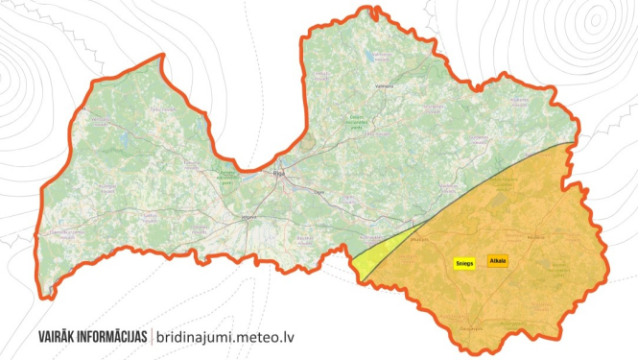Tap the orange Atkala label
[497, 261]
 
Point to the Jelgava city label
[246, 219]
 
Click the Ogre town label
[319, 193]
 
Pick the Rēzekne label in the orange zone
[535, 236]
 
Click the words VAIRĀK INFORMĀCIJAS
[92, 337]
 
